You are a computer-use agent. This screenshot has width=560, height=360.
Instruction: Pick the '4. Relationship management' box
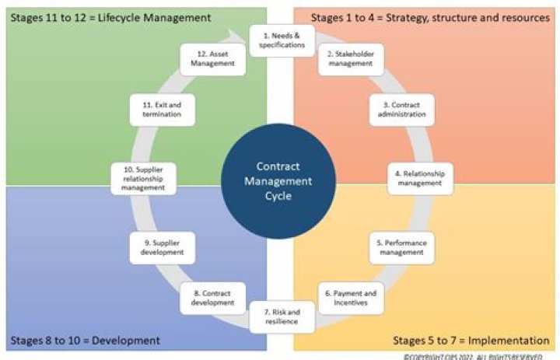pos(420,179)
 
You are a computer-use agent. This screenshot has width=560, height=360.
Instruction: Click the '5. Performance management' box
pos(401,247)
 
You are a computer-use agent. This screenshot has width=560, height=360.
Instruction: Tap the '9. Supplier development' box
pos(162,247)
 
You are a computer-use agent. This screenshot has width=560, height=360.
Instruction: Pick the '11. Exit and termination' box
pos(161,110)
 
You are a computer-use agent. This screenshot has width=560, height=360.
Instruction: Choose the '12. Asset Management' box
pos(212,59)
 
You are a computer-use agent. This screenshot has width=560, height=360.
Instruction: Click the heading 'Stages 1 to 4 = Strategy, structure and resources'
pos(430,16)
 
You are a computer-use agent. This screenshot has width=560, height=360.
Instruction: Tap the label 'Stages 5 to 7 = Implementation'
pos(471,341)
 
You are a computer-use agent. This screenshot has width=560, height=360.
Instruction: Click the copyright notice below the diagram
pos(478,356)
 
